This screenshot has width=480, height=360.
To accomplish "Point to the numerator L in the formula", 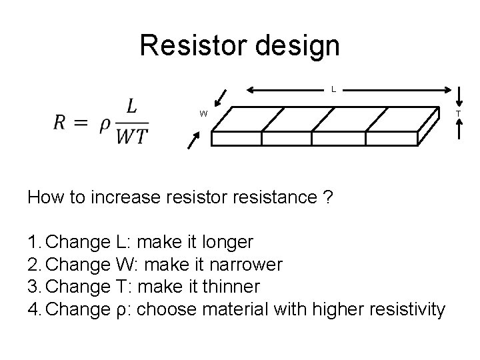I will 132,107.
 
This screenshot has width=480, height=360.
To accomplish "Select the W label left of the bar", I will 203,113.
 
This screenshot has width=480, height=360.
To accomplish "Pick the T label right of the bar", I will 457,113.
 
